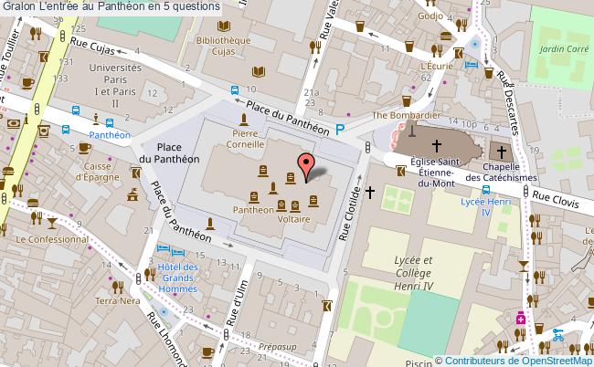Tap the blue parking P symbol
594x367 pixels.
341,131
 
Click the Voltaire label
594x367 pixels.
295,219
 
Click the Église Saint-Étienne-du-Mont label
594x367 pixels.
435,173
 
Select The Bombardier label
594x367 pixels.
407,115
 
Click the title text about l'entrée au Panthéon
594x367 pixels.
110,7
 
